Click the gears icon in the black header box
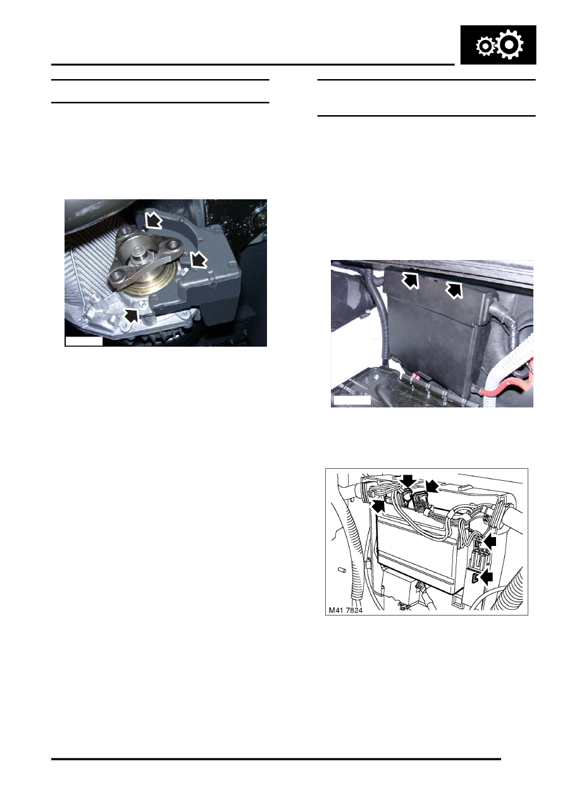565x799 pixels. tap(498, 46)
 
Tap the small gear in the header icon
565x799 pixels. tap(485, 47)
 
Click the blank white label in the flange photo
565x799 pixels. tap(84, 342)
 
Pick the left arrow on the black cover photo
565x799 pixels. tap(411, 280)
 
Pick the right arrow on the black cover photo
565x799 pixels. tap(454, 290)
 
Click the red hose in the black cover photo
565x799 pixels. tap(506, 393)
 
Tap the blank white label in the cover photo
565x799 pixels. tap(351, 400)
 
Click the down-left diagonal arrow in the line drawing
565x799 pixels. tap(433, 486)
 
